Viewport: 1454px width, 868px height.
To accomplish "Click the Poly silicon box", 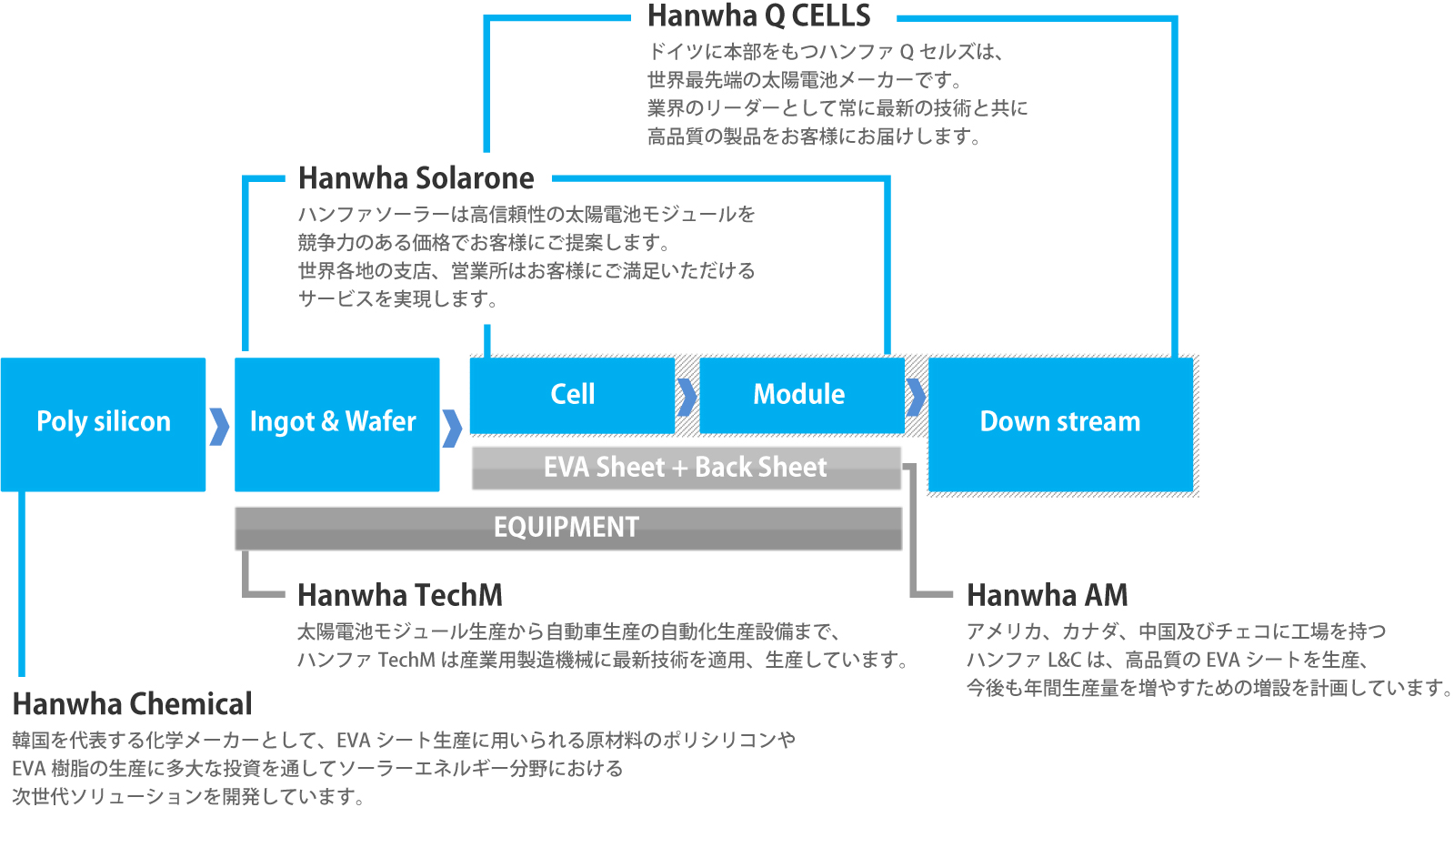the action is (x=104, y=424).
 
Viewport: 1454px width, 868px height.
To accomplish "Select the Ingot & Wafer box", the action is (x=336, y=424).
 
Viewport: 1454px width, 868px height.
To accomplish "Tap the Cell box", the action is (x=572, y=395).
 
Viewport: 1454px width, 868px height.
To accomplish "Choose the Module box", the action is (x=802, y=395).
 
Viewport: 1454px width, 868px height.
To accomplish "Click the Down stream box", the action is (x=1060, y=424).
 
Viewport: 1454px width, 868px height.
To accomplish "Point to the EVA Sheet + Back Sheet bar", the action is (x=687, y=468).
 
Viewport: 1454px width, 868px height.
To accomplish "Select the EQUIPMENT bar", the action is (x=568, y=529).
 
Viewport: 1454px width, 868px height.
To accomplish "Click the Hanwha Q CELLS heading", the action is (x=758, y=15).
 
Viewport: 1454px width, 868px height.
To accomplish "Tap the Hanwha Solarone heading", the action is (x=416, y=178).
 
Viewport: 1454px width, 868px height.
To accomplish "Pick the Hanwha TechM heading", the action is (x=400, y=594).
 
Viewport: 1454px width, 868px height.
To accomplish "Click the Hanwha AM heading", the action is (x=1047, y=594).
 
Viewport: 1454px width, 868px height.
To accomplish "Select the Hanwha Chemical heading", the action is (x=133, y=703).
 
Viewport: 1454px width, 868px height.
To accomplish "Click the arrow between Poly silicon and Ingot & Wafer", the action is (x=219, y=427).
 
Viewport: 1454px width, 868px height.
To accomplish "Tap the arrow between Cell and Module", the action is (x=687, y=397).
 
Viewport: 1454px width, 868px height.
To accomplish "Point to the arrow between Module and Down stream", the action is (x=916, y=397).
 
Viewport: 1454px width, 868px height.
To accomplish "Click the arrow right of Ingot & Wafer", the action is (x=452, y=429).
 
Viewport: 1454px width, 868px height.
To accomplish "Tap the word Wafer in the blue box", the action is (x=380, y=421).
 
